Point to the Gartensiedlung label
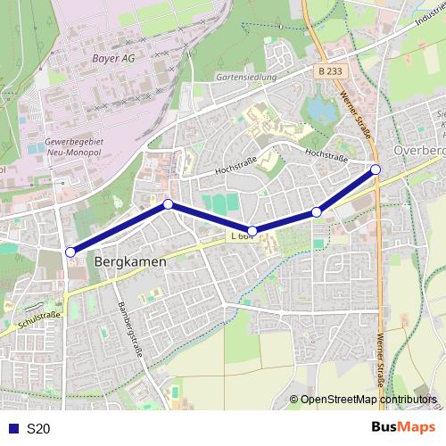[246, 78]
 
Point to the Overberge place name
[418, 151]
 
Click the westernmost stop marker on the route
[70, 252]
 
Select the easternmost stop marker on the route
[376, 169]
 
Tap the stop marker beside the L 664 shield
[252, 231]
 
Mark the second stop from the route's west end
[168, 204]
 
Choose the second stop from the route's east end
[317, 211]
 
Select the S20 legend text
[38, 429]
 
